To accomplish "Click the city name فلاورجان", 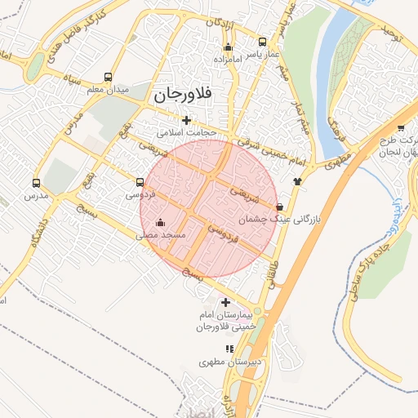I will pyautogui.click(x=182, y=95).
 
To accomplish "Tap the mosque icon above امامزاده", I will pyautogui.click(x=228, y=47).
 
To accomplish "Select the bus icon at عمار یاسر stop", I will pyautogui.click(x=262, y=42).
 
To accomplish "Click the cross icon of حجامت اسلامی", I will pyautogui.click(x=187, y=120).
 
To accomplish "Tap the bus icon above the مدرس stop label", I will pyautogui.click(x=35, y=184).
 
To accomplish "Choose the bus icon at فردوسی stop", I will pyautogui.click(x=140, y=182).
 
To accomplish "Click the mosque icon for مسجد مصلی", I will pyautogui.click(x=160, y=222).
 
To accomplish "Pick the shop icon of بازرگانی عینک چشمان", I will pyautogui.click(x=281, y=207).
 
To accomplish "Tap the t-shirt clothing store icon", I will pyautogui.click(x=296, y=182).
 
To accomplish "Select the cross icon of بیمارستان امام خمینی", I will pyautogui.click(x=226, y=302).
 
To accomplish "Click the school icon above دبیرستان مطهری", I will pyautogui.click(x=229, y=349).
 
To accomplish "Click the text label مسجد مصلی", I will pyautogui.click(x=161, y=235).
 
